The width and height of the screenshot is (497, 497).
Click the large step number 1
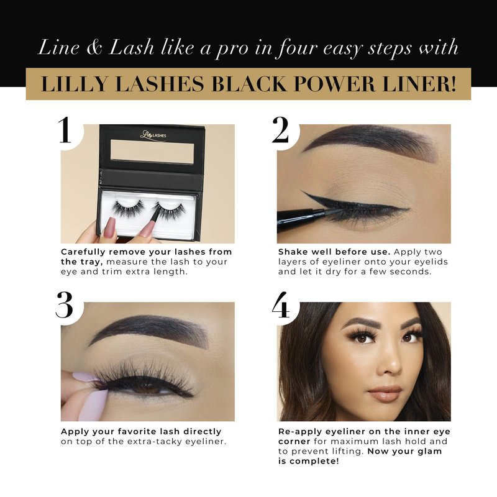(65, 130)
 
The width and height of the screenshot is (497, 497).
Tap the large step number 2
(281, 130)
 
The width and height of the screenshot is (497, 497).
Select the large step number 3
(64, 304)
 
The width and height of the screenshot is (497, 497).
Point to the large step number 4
(281, 304)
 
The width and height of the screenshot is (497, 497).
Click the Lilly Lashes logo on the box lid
(153, 135)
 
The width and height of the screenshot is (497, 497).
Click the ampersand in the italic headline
(94, 48)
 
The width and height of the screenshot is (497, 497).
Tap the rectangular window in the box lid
(152, 153)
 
